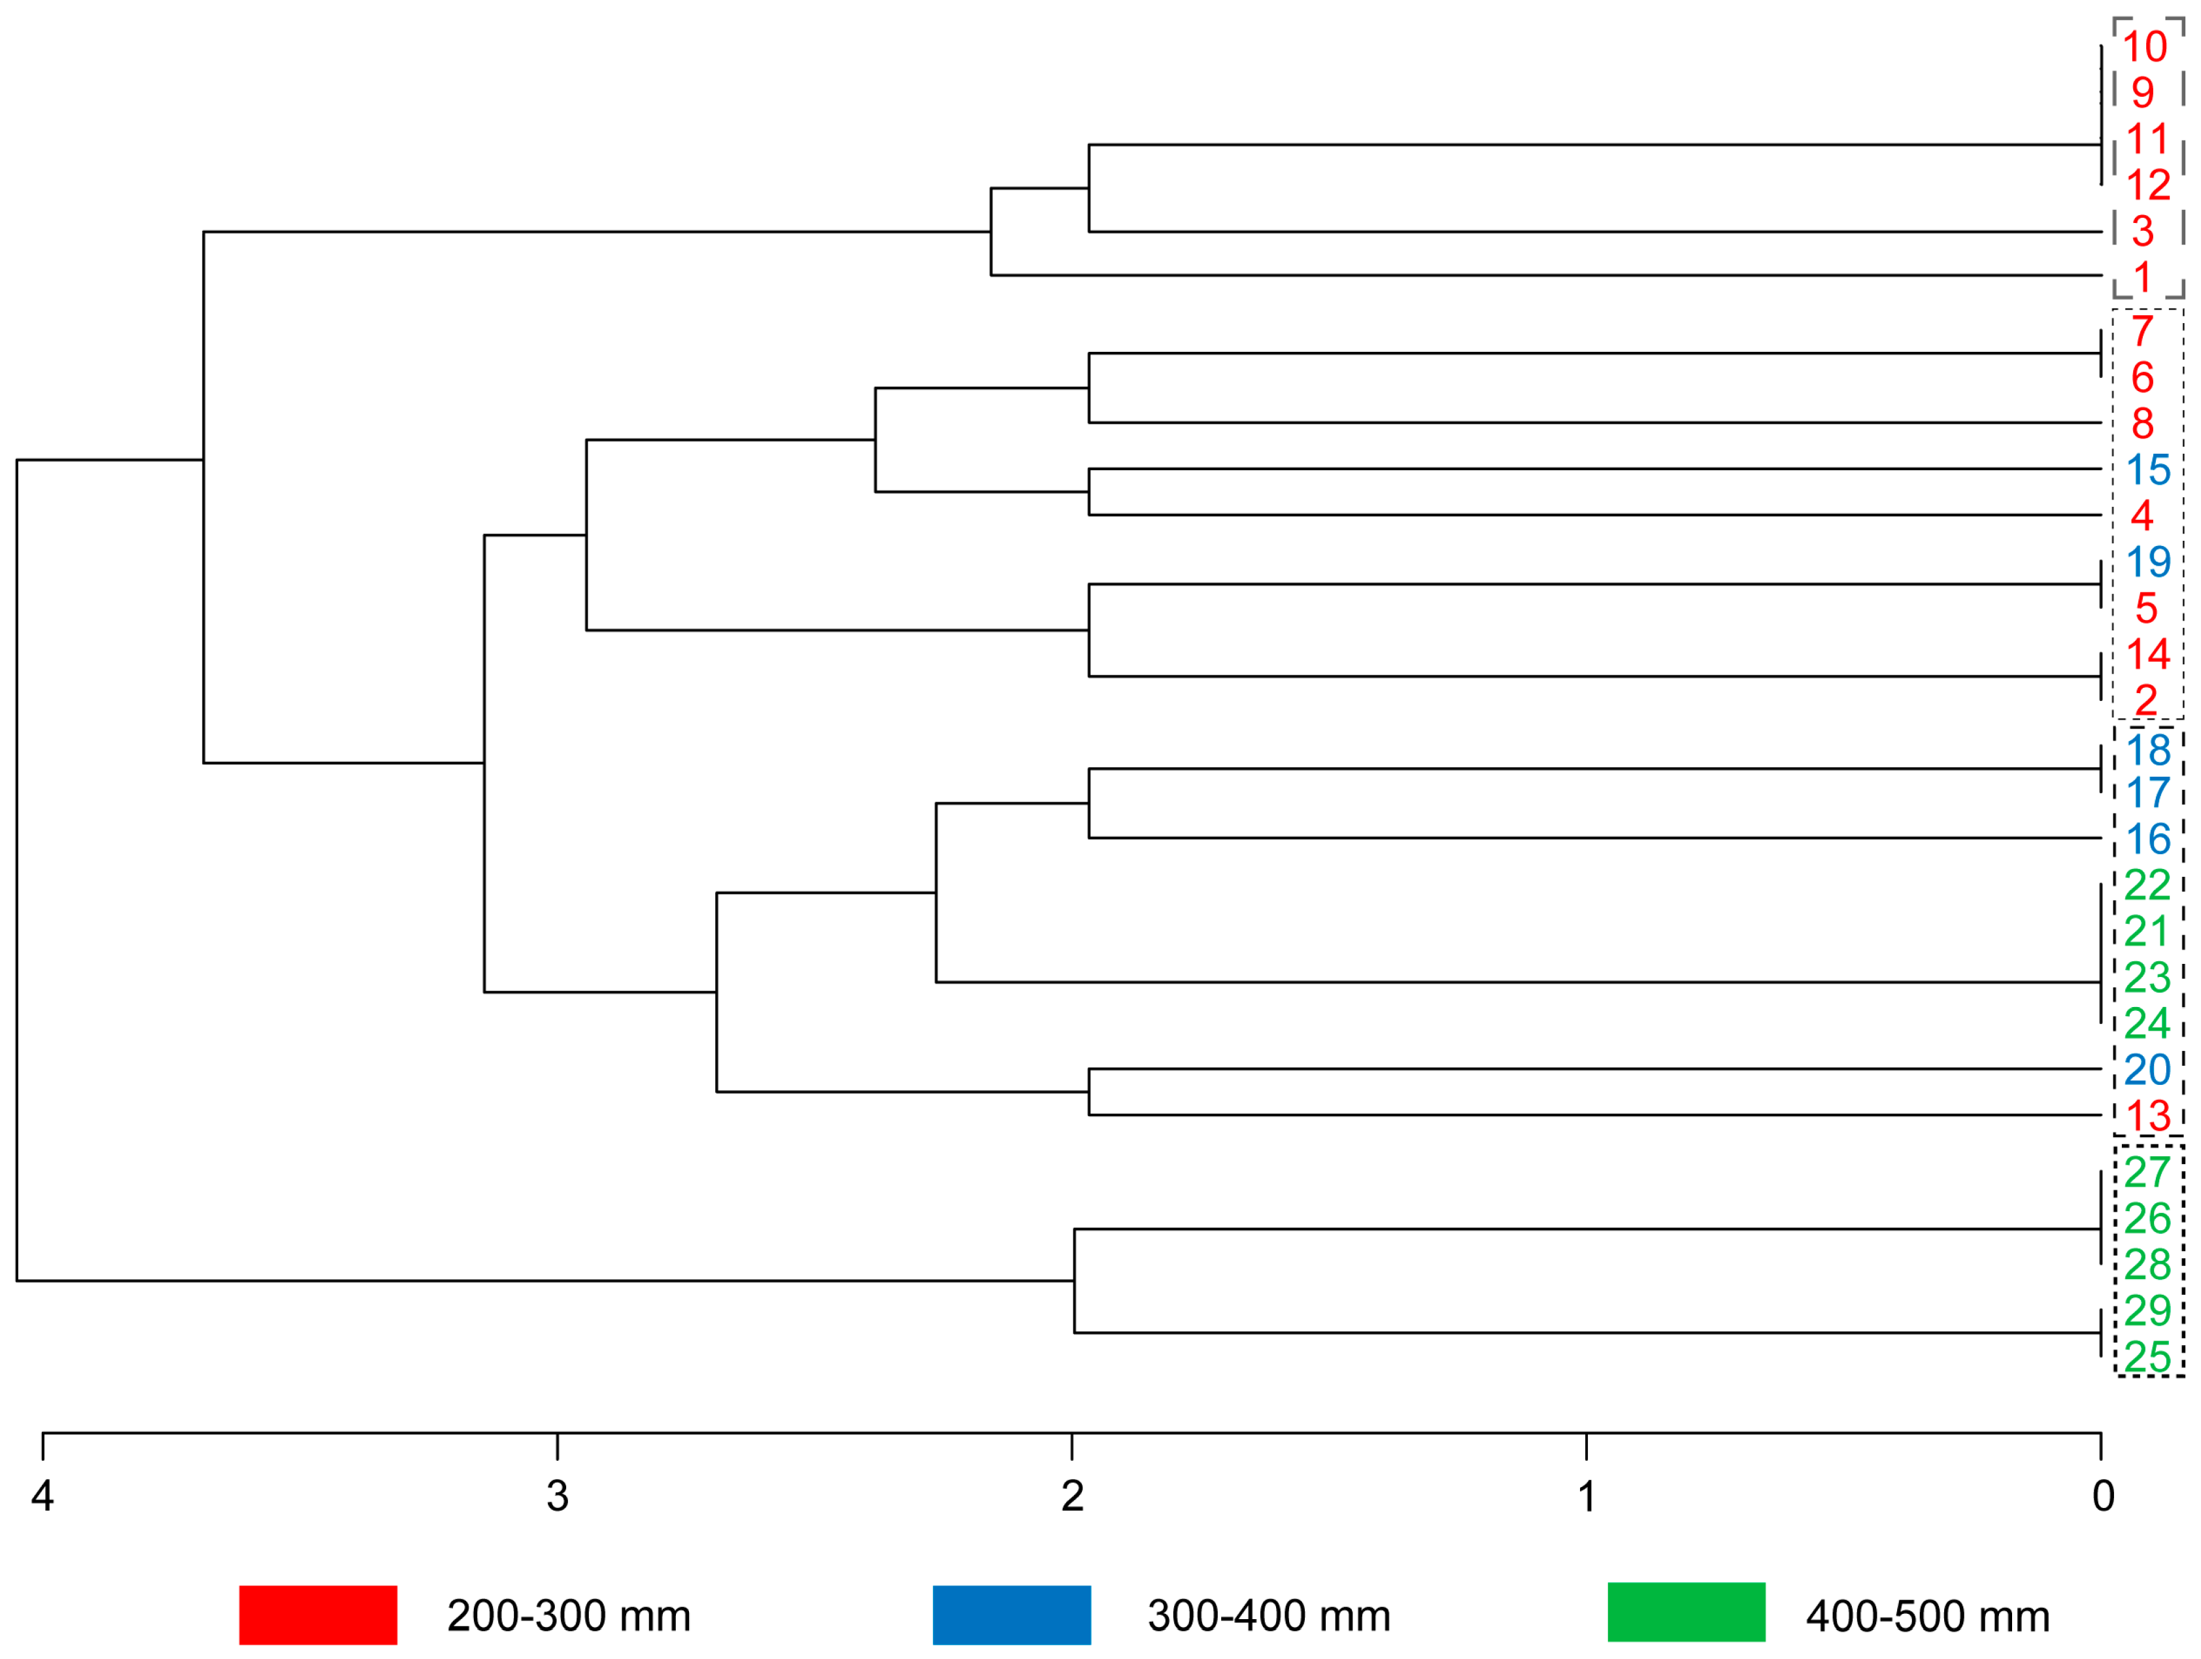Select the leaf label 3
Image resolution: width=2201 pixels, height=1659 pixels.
2143,231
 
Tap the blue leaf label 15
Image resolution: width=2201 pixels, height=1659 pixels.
2147,470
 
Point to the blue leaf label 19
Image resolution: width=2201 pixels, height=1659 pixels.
2147,562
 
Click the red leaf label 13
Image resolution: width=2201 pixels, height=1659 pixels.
2147,1116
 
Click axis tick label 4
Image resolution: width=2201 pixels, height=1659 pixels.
42,1496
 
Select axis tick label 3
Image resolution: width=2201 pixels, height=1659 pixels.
557,1496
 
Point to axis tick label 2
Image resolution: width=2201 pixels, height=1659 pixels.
1071,1496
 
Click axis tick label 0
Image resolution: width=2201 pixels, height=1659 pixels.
2102,1496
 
